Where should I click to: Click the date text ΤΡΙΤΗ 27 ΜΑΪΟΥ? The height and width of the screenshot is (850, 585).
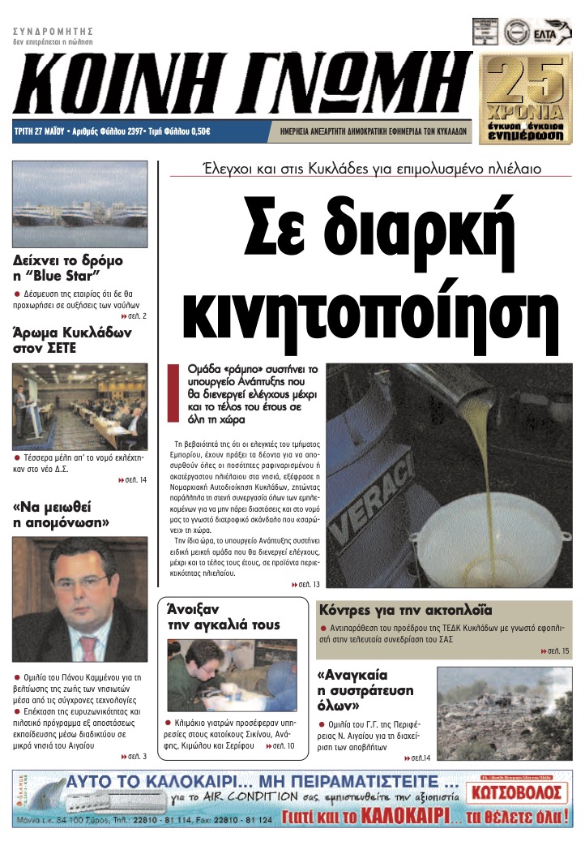41,131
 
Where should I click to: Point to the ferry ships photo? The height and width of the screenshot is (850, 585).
80,204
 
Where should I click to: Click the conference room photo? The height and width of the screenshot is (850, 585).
80,406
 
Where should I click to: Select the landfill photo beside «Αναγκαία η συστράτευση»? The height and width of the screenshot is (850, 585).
504,713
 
